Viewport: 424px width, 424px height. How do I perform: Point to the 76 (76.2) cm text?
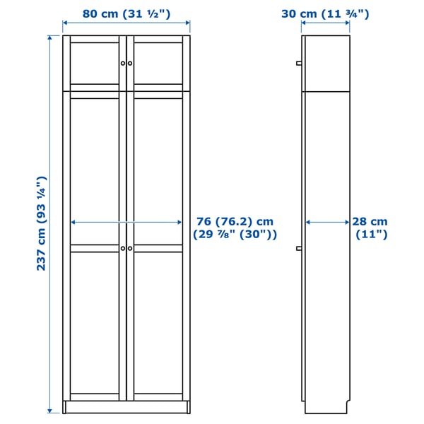click(x=234, y=221)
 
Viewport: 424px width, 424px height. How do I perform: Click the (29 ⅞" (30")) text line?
click(x=235, y=235)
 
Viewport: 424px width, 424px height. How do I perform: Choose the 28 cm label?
click(x=370, y=221)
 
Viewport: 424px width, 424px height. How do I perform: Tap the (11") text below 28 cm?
click(x=370, y=235)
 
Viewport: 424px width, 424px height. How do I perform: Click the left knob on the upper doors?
click(x=123, y=64)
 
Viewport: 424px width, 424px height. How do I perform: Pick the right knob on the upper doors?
click(x=130, y=64)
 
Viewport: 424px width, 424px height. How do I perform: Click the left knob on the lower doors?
click(x=123, y=248)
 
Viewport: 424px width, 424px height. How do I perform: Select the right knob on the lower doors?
click(x=130, y=248)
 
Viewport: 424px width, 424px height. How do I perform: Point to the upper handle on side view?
click(x=299, y=64)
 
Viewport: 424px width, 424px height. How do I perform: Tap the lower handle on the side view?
click(x=299, y=248)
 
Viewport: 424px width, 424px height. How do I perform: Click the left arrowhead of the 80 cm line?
click(x=66, y=24)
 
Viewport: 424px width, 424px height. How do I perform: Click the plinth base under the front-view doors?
click(x=126, y=408)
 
